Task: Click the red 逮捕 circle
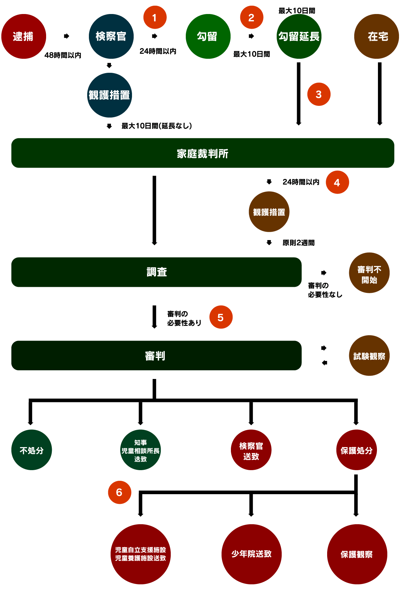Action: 23,36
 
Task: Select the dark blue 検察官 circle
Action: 111,36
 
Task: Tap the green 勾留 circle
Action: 208,36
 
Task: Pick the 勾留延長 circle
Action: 299,36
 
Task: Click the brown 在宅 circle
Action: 377,36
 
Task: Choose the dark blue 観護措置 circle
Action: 109,95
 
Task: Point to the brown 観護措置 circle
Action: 269,212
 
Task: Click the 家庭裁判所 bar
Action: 203,153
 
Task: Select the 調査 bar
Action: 156,272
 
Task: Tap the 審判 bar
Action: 156,355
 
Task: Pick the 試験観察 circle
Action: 369,356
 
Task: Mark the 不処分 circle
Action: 32,450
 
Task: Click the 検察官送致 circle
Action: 251,450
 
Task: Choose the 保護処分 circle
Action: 357,450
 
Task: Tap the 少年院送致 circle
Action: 251,554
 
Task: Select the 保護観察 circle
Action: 357,554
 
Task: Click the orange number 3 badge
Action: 319,94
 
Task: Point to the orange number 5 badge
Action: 221,317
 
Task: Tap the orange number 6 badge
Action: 119,492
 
